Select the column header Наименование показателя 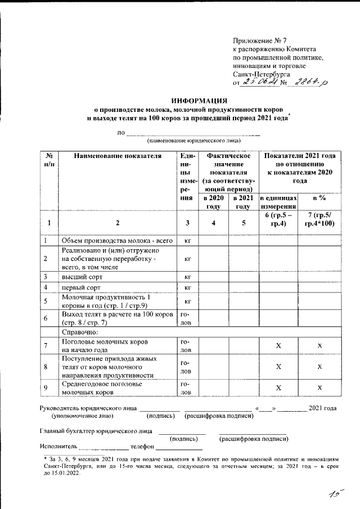coord(118,156)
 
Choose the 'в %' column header coord(319,198)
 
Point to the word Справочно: coord(79,332)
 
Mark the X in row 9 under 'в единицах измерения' coord(278,388)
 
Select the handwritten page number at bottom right coord(336,493)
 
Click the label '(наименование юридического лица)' coord(193,140)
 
